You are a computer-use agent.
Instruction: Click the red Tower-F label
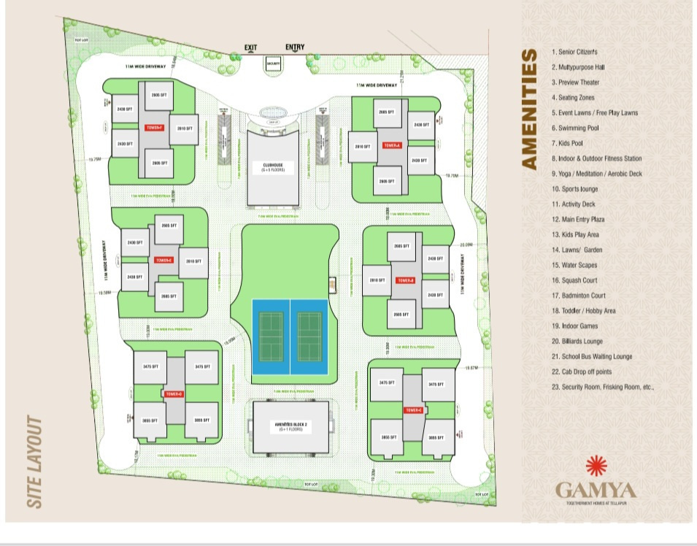[x=155, y=128]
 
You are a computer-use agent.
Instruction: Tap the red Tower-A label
[x=392, y=145]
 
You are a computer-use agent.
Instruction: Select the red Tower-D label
[x=174, y=394]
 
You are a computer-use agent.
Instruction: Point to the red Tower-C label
[x=413, y=410]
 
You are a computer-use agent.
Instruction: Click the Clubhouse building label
[x=272, y=167]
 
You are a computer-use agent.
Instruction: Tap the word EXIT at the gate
[x=251, y=48]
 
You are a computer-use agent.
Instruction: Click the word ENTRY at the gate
[x=295, y=47]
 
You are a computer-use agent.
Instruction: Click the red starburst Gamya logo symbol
[x=596, y=465]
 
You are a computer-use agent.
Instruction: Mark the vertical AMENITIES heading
[x=531, y=109]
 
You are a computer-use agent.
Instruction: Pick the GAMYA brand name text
[x=596, y=490]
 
